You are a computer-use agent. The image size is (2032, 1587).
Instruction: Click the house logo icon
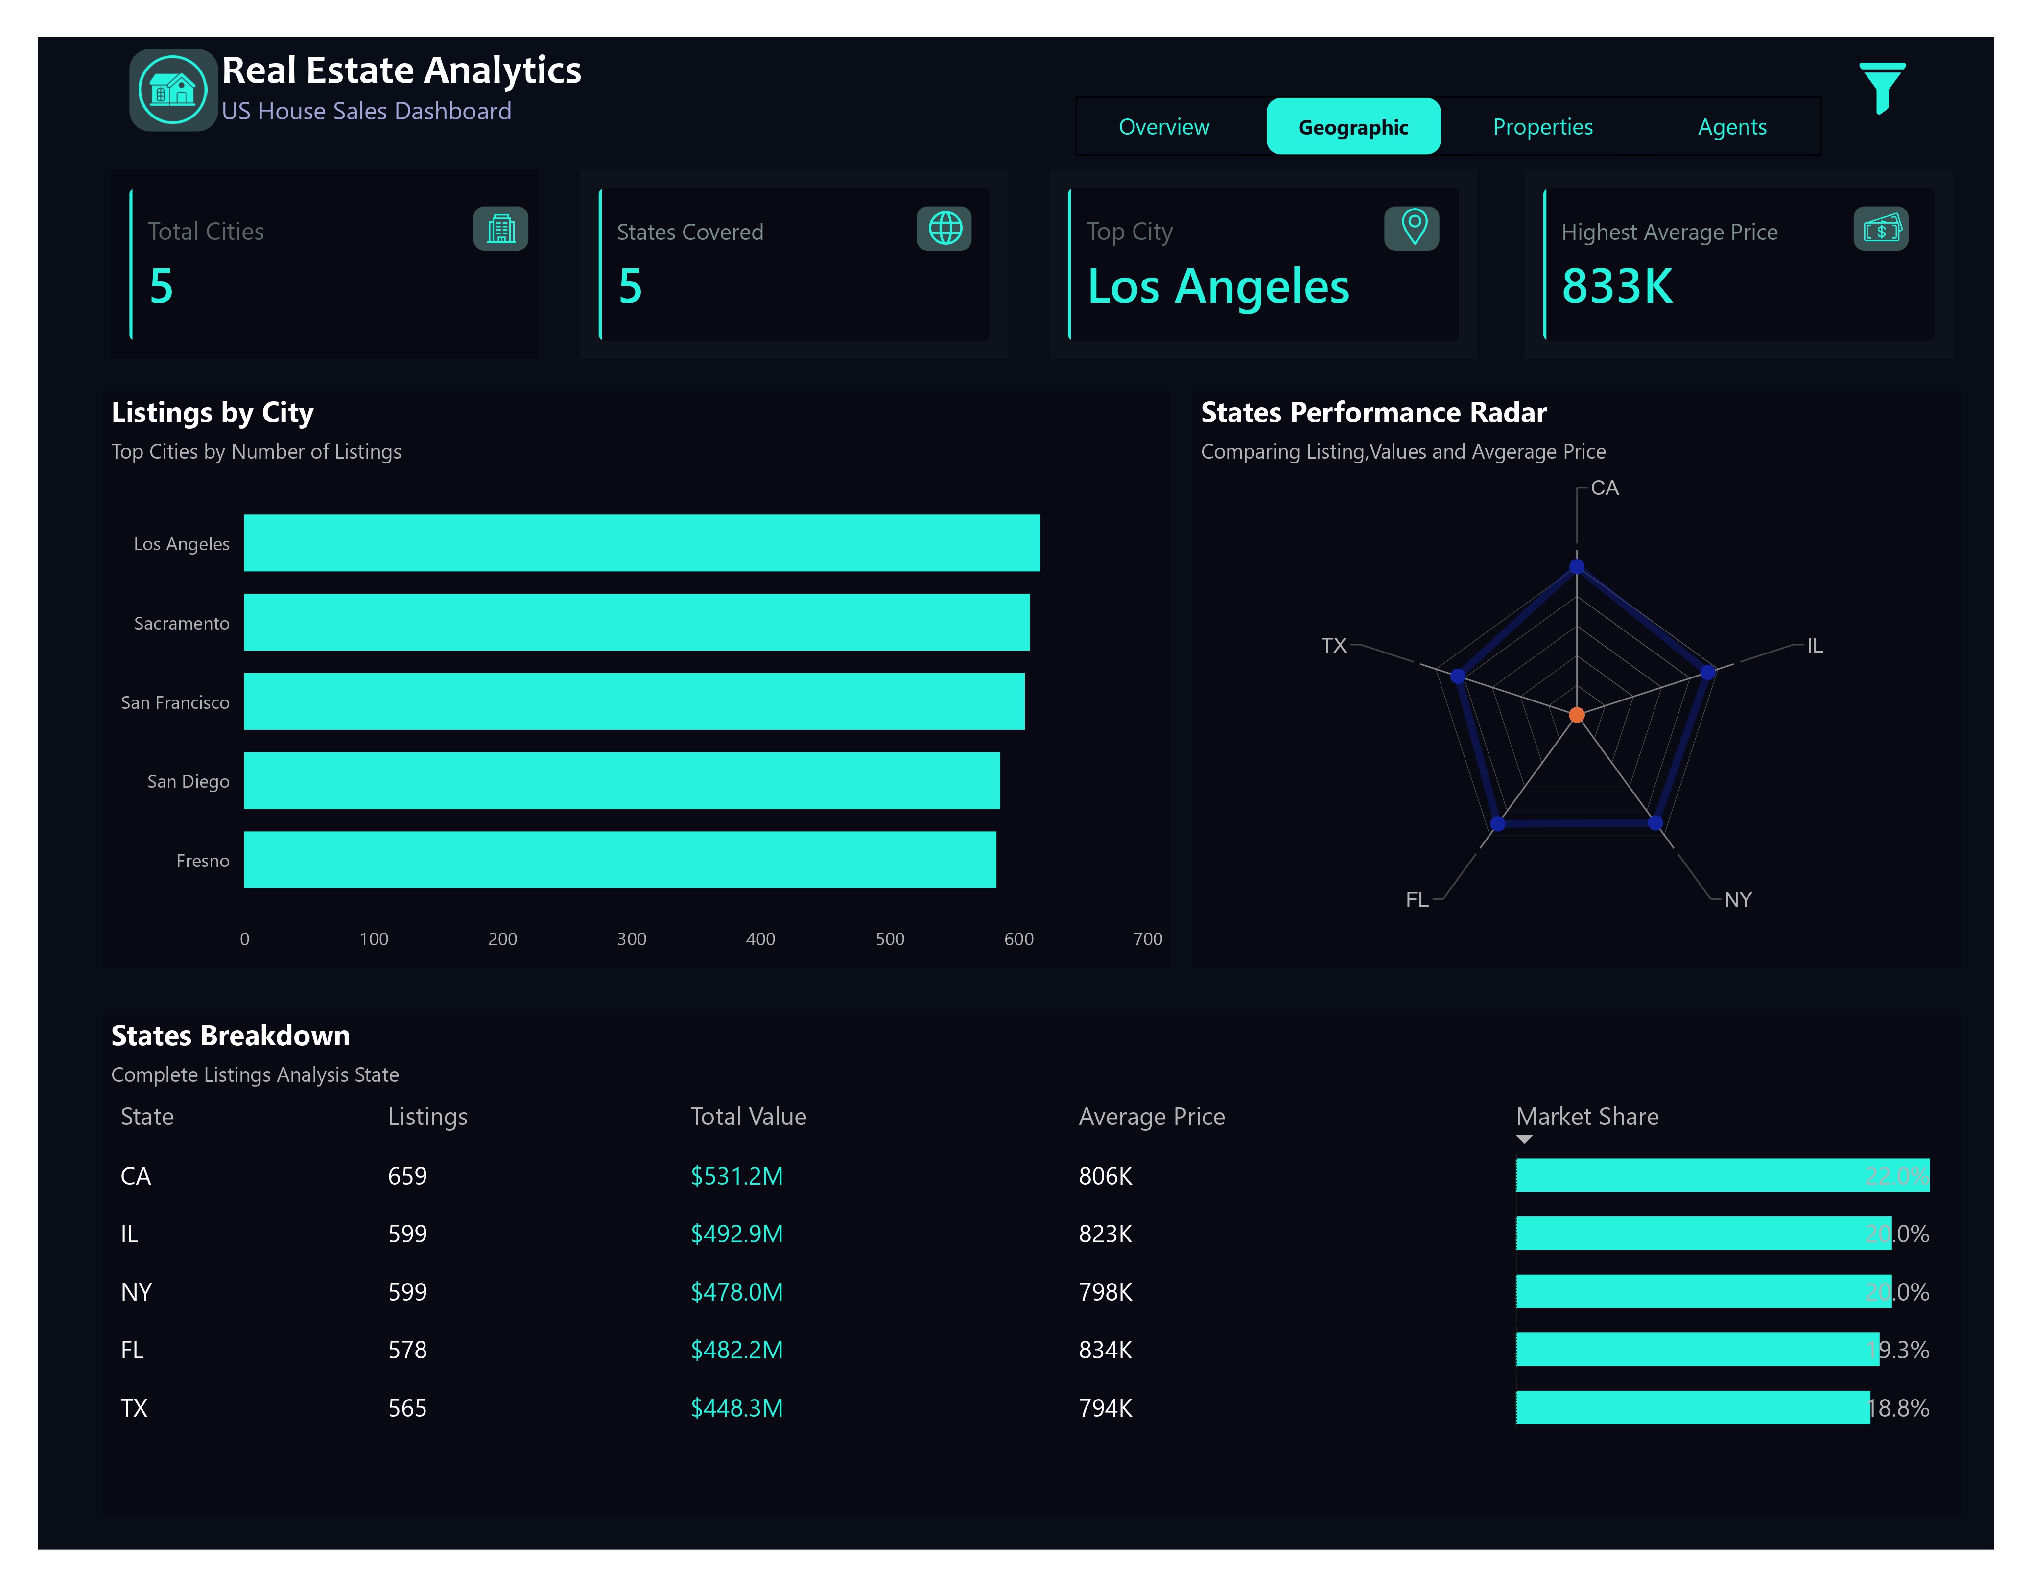(172, 90)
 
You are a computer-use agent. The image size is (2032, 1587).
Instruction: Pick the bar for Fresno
(620, 860)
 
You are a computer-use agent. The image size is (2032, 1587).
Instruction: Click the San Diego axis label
(188, 781)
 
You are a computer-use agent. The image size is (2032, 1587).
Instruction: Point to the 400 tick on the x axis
(760, 938)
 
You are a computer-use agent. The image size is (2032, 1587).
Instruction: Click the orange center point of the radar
(1576, 714)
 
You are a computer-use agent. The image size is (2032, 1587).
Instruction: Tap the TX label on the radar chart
(1333, 645)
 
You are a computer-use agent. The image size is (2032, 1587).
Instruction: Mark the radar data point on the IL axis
(1707, 672)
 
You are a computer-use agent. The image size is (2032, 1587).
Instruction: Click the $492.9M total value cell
(736, 1234)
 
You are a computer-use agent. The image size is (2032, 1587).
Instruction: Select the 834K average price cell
(1105, 1349)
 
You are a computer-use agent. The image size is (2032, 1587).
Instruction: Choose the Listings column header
(427, 1116)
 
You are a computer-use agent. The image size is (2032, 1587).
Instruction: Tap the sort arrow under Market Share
(1523, 1139)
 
